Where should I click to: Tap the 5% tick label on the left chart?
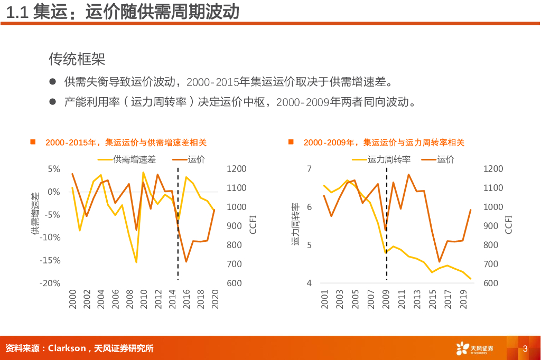(54, 169)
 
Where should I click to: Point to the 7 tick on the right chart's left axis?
(309, 169)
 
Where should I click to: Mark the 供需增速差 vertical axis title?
(35, 214)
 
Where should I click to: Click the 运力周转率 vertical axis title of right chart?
(295, 224)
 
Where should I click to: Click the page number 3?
(525, 348)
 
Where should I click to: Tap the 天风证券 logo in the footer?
(474, 348)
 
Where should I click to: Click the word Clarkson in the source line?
(67, 348)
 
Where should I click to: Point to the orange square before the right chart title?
(291, 142)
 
